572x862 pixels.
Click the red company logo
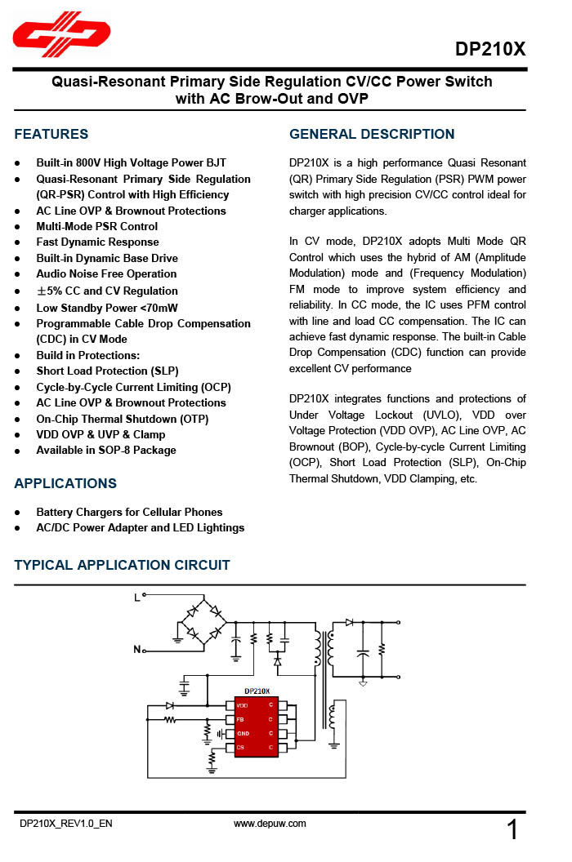pyautogui.click(x=61, y=35)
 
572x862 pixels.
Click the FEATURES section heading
pyautogui.click(x=51, y=134)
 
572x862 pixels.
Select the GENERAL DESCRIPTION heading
pyautogui.click(x=372, y=134)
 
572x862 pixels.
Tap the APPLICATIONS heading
pyautogui.click(x=65, y=483)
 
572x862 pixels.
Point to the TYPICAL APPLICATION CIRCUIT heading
pyautogui.click(x=122, y=565)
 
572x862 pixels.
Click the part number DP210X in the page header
pyautogui.click(x=490, y=49)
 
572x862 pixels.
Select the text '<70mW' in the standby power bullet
pyautogui.click(x=159, y=308)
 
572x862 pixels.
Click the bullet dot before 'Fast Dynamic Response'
pyautogui.click(x=17, y=242)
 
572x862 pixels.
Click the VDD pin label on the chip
pyautogui.click(x=243, y=705)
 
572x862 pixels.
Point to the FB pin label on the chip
pyautogui.click(x=240, y=719)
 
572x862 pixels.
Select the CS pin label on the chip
pyautogui.click(x=240, y=747)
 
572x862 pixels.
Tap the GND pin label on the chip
pyautogui.click(x=243, y=733)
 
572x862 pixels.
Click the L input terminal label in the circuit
pyautogui.click(x=136, y=598)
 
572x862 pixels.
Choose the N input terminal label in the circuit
pyautogui.click(x=136, y=650)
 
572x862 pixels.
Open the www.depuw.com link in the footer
pyautogui.click(x=270, y=824)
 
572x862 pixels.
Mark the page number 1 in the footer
pyautogui.click(x=512, y=831)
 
